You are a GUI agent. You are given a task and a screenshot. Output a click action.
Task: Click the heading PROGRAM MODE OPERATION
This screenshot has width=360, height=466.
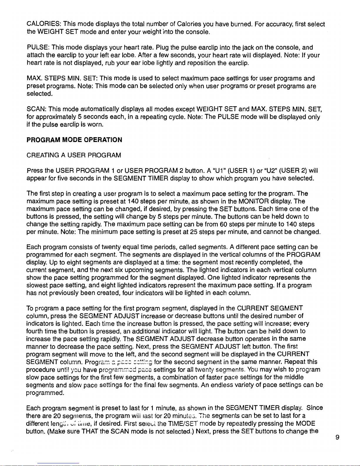[x=74, y=140]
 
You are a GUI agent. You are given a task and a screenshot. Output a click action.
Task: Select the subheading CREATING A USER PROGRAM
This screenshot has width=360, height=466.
[x=74, y=155]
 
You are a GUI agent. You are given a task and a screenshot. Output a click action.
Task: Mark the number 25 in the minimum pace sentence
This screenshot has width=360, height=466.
[x=193, y=232]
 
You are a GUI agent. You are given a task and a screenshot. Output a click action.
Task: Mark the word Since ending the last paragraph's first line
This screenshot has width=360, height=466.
[x=315, y=408]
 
